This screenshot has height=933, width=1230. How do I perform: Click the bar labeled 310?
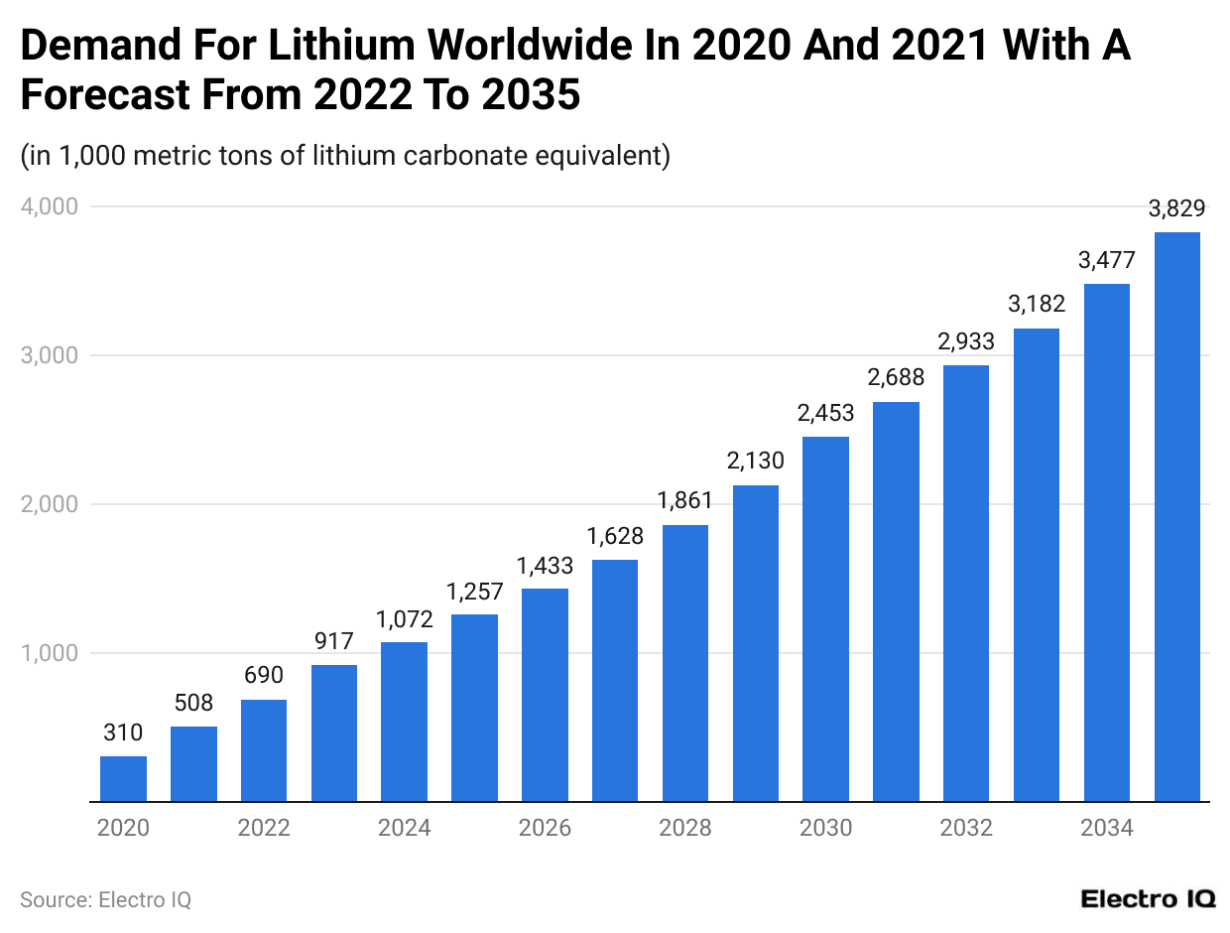(x=123, y=779)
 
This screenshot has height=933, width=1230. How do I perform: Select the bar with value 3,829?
(x=1176, y=516)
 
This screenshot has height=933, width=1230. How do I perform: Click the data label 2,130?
(x=755, y=461)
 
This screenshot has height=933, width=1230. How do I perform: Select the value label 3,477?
(x=1107, y=260)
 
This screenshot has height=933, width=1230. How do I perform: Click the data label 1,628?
(x=615, y=536)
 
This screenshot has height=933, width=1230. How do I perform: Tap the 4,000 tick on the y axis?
(x=49, y=206)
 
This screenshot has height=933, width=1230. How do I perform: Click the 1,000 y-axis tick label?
(x=49, y=653)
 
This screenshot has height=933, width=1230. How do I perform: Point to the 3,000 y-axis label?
(x=49, y=355)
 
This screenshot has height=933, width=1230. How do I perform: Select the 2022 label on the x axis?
(x=264, y=828)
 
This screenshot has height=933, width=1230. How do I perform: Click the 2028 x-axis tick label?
(x=684, y=828)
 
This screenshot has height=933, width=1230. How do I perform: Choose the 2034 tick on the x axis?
(x=1106, y=828)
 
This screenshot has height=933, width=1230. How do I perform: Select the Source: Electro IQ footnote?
(x=105, y=899)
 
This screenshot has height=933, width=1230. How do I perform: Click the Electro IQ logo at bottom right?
(x=1148, y=899)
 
